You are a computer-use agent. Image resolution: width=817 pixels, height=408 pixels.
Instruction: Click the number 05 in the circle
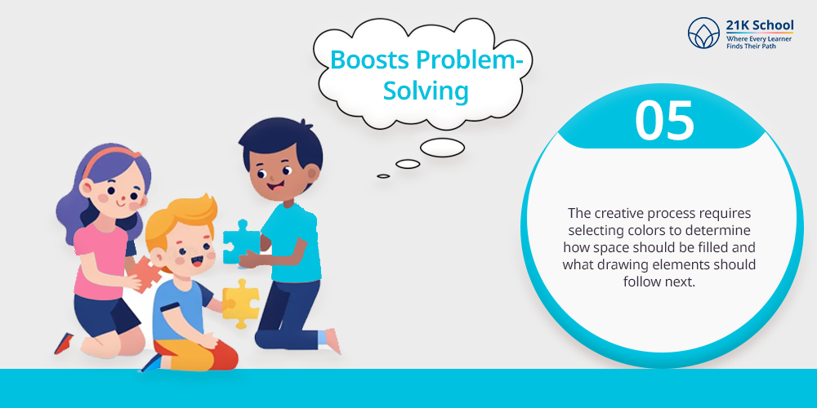[x=664, y=121]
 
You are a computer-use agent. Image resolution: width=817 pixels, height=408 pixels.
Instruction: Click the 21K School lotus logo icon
[x=703, y=33]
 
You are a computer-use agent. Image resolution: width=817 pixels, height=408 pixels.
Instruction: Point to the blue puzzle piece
[x=241, y=242]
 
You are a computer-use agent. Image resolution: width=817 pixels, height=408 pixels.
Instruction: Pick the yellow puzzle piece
[x=240, y=303]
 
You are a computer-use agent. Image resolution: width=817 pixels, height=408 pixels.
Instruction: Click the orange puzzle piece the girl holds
[x=146, y=273]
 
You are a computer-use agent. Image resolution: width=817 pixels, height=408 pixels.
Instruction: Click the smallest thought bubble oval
[x=383, y=176]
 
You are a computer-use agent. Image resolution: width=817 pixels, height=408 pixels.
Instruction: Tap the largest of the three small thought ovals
[x=442, y=148]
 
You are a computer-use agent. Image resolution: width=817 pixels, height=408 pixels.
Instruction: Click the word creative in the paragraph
[x=617, y=213]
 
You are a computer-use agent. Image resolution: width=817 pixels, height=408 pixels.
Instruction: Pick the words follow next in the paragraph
[x=659, y=281]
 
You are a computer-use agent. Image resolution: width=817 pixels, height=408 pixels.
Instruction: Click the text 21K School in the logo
[x=760, y=25]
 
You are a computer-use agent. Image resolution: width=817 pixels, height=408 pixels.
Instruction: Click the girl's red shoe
[x=64, y=344]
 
